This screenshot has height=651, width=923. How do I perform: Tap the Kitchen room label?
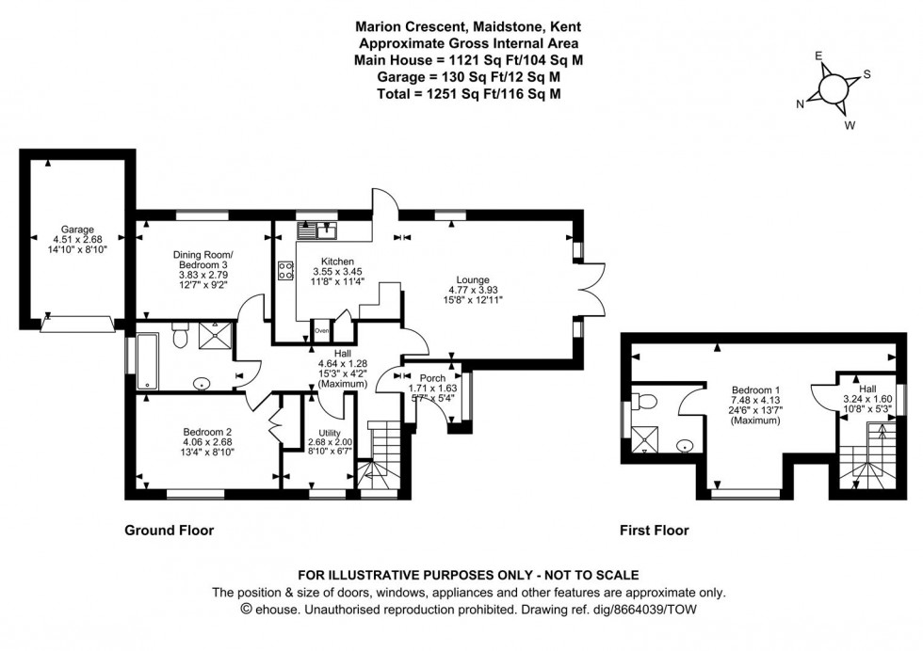click(336, 261)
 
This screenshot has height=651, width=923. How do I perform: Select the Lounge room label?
click(473, 279)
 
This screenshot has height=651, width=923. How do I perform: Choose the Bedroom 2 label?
click(207, 433)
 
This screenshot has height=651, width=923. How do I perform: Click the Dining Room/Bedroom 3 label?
click(202, 255)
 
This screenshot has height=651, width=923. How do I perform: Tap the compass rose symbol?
click(834, 87)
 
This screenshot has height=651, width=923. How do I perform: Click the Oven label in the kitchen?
click(321, 331)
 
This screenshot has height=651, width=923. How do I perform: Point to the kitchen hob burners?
click(284, 271)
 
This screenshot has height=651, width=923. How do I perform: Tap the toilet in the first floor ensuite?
click(644, 402)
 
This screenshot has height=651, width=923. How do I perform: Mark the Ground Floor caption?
click(170, 531)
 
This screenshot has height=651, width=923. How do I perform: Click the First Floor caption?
click(654, 531)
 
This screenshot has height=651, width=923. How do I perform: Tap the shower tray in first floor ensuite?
click(647, 437)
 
